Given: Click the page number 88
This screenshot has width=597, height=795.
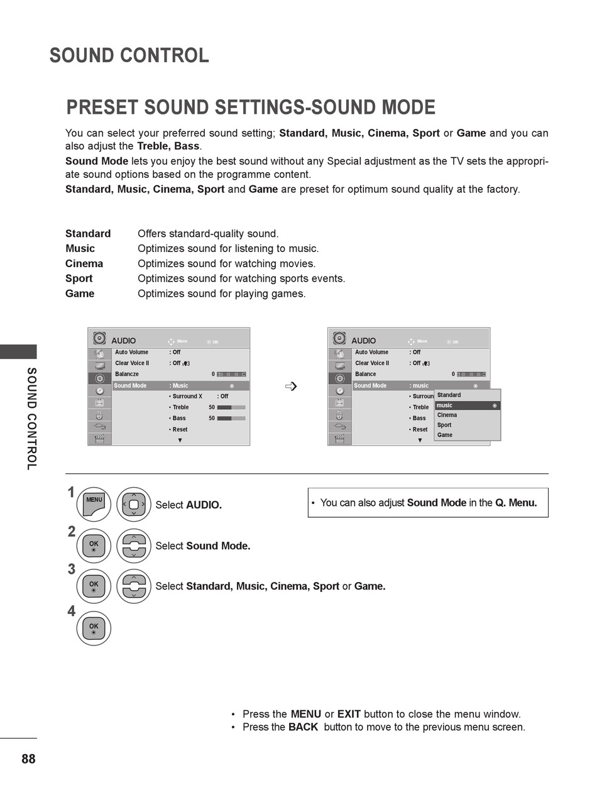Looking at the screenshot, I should (x=28, y=759).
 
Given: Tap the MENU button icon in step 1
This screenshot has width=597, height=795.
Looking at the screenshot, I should (x=94, y=504).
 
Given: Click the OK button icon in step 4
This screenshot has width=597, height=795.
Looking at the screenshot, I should (x=94, y=628).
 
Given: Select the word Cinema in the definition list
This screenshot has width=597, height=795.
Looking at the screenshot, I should (x=84, y=263).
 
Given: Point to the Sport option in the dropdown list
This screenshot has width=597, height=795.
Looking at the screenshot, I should (x=444, y=425).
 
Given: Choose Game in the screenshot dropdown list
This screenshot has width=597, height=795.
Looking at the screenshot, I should (x=445, y=435).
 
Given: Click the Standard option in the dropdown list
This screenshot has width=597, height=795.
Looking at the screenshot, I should (x=449, y=395).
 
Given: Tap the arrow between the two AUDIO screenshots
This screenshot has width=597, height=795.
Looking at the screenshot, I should (x=290, y=386).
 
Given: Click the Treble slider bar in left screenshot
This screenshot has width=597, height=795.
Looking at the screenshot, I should (x=231, y=407).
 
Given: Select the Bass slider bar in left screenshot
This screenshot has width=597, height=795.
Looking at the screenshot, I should (x=231, y=418).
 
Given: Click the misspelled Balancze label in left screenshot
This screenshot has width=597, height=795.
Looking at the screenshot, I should (x=127, y=375).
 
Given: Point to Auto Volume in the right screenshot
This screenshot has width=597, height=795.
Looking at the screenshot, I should (x=371, y=353).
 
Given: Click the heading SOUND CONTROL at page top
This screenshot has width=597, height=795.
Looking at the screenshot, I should (x=129, y=56).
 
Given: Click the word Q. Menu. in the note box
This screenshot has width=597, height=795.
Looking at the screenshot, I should (x=516, y=503).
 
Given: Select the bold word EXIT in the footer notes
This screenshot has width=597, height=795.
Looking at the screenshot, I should (x=349, y=714).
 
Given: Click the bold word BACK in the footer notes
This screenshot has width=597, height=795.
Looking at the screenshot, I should (x=303, y=727).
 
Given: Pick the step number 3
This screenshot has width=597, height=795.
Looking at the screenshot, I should (x=72, y=569).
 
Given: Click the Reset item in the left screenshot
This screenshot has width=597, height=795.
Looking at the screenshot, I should (x=180, y=430).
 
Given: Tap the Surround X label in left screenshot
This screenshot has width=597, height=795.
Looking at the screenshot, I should (x=187, y=397).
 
